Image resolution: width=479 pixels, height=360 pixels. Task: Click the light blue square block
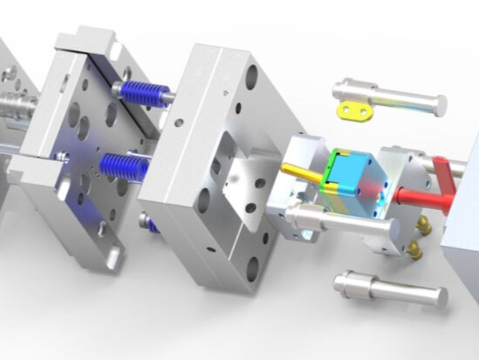click(352, 172)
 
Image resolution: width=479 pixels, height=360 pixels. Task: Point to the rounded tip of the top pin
click(437, 103)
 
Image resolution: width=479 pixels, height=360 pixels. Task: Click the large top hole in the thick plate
click(251, 77)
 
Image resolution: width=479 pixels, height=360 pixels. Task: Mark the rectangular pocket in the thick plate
click(239, 180)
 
